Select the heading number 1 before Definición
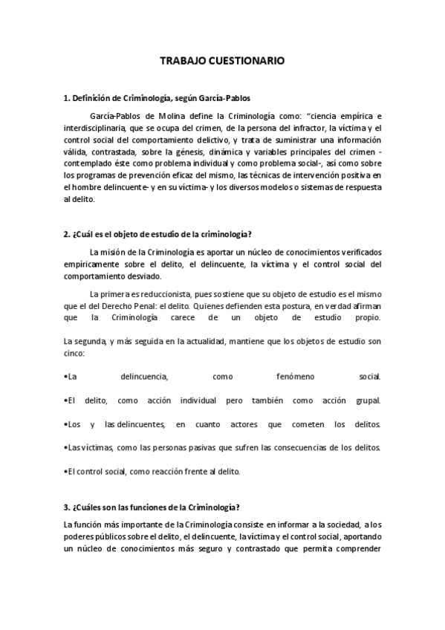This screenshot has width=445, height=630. click(x=66, y=98)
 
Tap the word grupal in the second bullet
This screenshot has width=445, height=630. click(x=367, y=400)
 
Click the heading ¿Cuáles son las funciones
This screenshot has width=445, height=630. click(x=152, y=507)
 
